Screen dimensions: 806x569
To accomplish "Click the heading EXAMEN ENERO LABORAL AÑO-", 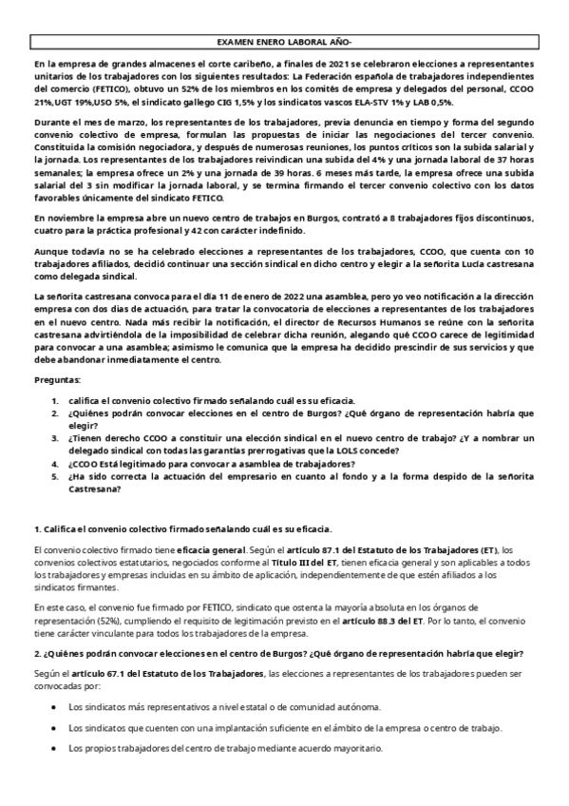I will click(284, 43).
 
